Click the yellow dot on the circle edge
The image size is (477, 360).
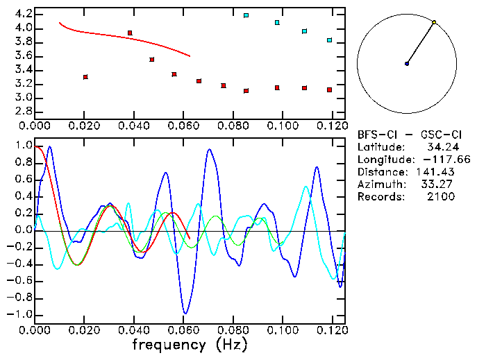click(x=434, y=22)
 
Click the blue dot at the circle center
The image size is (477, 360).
click(x=407, y=64)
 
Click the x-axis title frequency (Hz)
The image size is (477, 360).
click(x=190, y=345)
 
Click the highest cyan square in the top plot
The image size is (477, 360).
click(x=246, y=15)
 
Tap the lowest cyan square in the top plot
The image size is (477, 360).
click(x=329, y=40)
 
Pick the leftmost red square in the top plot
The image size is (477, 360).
click(x=85, y=77)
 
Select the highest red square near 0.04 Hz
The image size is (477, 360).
click(x=130, y=33)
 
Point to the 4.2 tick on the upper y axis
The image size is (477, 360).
click(x=22, y=14)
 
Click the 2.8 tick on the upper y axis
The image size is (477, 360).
click(x=22, y=111)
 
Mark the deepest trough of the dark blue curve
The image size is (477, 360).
click(x=185, y=314)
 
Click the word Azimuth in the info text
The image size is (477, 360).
click(x=380, y=185)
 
